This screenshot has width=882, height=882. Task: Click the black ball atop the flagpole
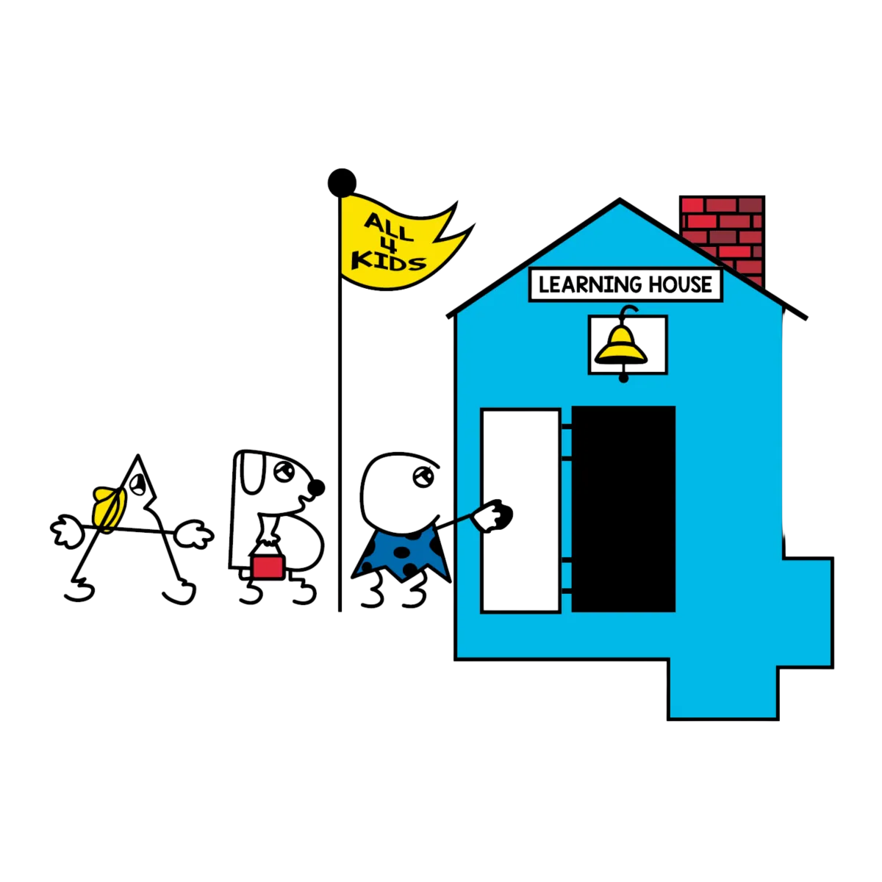(x=342, y=182)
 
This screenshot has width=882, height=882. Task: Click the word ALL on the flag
(x=389, y=227)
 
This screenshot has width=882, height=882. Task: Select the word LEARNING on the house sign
(x=590, y=284)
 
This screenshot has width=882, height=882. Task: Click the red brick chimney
(x=723, y=238)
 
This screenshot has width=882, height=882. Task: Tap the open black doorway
(x=623, y=509)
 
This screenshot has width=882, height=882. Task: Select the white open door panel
(x=521, y=510)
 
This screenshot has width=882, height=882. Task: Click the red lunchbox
(x=268, y=568)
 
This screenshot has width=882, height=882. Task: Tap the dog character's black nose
(x=316, y=488)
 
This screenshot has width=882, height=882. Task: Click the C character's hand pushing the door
(x=493, y=516)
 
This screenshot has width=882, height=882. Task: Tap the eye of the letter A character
(x=137, y=484)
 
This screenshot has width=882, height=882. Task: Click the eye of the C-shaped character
(x=423, y=478)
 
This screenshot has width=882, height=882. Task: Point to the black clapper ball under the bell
(x=623, y=378)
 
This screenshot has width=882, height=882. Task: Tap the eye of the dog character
(x=284, y=471)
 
